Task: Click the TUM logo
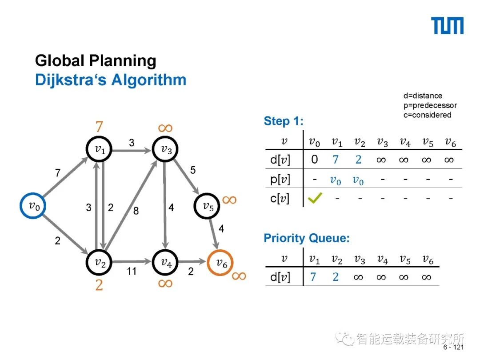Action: (x=448, y=26)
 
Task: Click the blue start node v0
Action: (x=33, y=205)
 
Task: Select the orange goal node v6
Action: (x=220, y=263)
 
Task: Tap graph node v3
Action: (x=166, y=149)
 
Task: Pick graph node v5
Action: (x=208, y=206)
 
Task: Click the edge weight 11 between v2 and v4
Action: (x=132, y=270)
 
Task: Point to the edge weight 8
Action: (x=136, y=211)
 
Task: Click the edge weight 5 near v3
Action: (x=192, y=170)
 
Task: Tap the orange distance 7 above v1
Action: (x=99, y=127)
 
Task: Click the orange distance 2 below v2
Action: (x=99, y=285)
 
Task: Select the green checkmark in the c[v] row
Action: (x=315, y=198)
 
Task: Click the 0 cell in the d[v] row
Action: (x=315, y=159)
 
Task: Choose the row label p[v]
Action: (x=280, y=179)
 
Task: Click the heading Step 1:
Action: (x=284, y=121)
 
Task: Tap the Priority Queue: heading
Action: (x=307, y=238)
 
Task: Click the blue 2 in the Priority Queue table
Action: (x=336, y=277)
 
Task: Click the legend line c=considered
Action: (x=427, y=115)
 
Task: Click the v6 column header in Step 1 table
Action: (x=450, y=142)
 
